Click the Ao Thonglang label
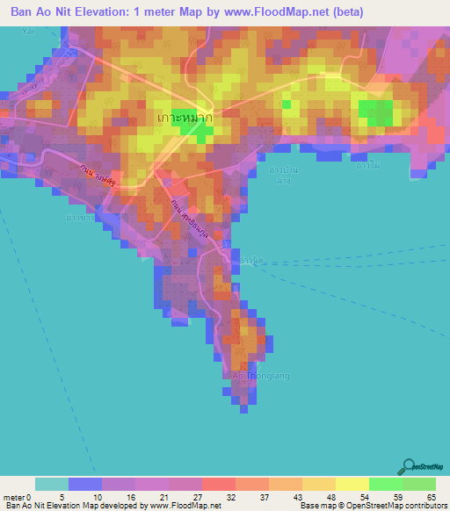tap(260, 376)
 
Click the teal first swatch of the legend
tap(52, 484)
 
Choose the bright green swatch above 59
tap(386, 484)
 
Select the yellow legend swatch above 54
tap(352, 484)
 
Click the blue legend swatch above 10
tap(85, 484)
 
